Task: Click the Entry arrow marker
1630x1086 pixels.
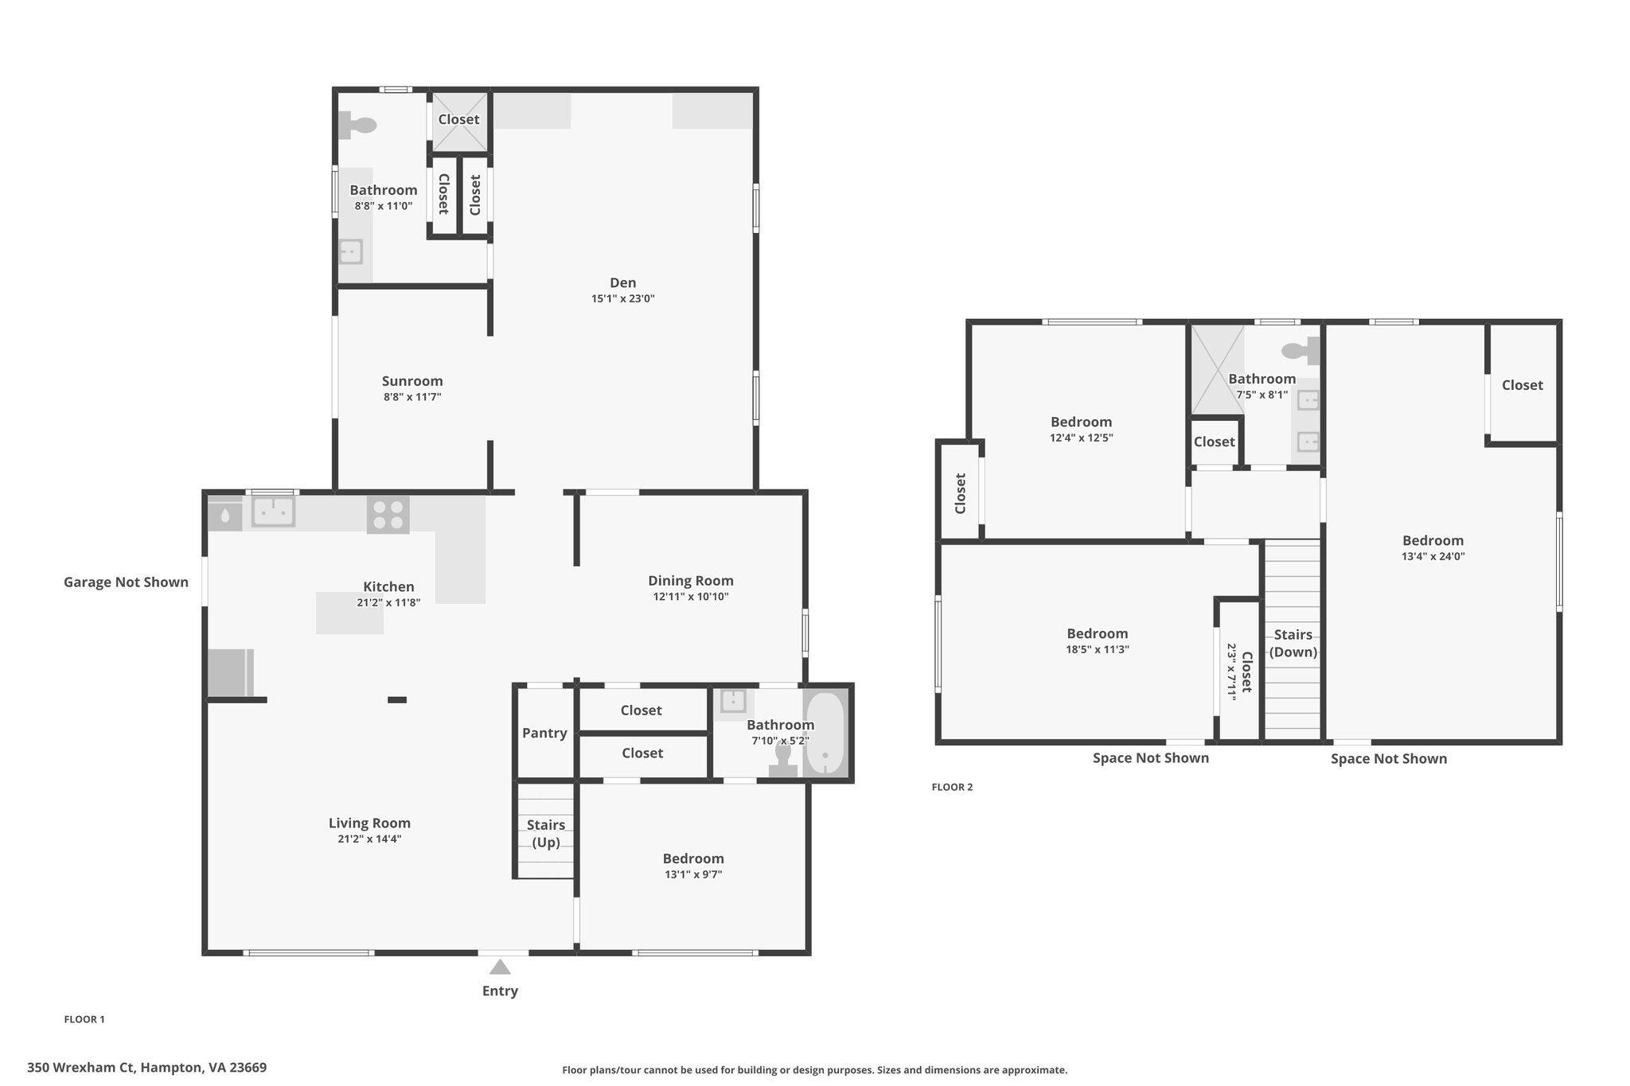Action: (500, 967)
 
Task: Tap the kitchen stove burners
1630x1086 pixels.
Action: (388, 515)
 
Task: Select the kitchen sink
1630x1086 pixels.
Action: (273, 512)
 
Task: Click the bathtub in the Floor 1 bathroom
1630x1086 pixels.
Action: (824, 734)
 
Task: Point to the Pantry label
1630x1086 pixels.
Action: (544, 733)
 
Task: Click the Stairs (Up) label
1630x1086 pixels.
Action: (546, 834)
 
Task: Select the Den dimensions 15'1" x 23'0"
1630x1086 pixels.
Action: (622, 299)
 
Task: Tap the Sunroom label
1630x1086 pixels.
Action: (412, 381)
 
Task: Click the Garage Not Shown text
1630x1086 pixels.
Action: (126, 582)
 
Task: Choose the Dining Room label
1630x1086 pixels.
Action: (691, 581)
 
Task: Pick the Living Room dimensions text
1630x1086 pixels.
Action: (369, 839)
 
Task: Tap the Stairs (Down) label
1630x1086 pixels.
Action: (1293, 643)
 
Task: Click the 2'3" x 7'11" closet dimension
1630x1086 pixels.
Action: (1230, 672)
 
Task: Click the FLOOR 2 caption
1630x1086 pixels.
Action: (952, 787)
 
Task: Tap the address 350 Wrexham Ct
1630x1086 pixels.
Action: (83, 1068)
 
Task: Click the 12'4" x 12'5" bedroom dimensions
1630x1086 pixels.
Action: (1081, 438)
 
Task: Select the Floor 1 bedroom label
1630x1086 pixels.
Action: (693, 858)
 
